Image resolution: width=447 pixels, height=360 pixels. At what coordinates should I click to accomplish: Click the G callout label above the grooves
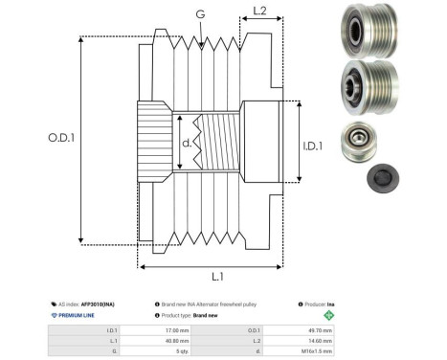[199, 13]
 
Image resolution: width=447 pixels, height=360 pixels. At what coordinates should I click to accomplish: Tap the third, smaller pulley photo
[363, 142]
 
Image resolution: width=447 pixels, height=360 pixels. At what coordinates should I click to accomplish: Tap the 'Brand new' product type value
[210, 314]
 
